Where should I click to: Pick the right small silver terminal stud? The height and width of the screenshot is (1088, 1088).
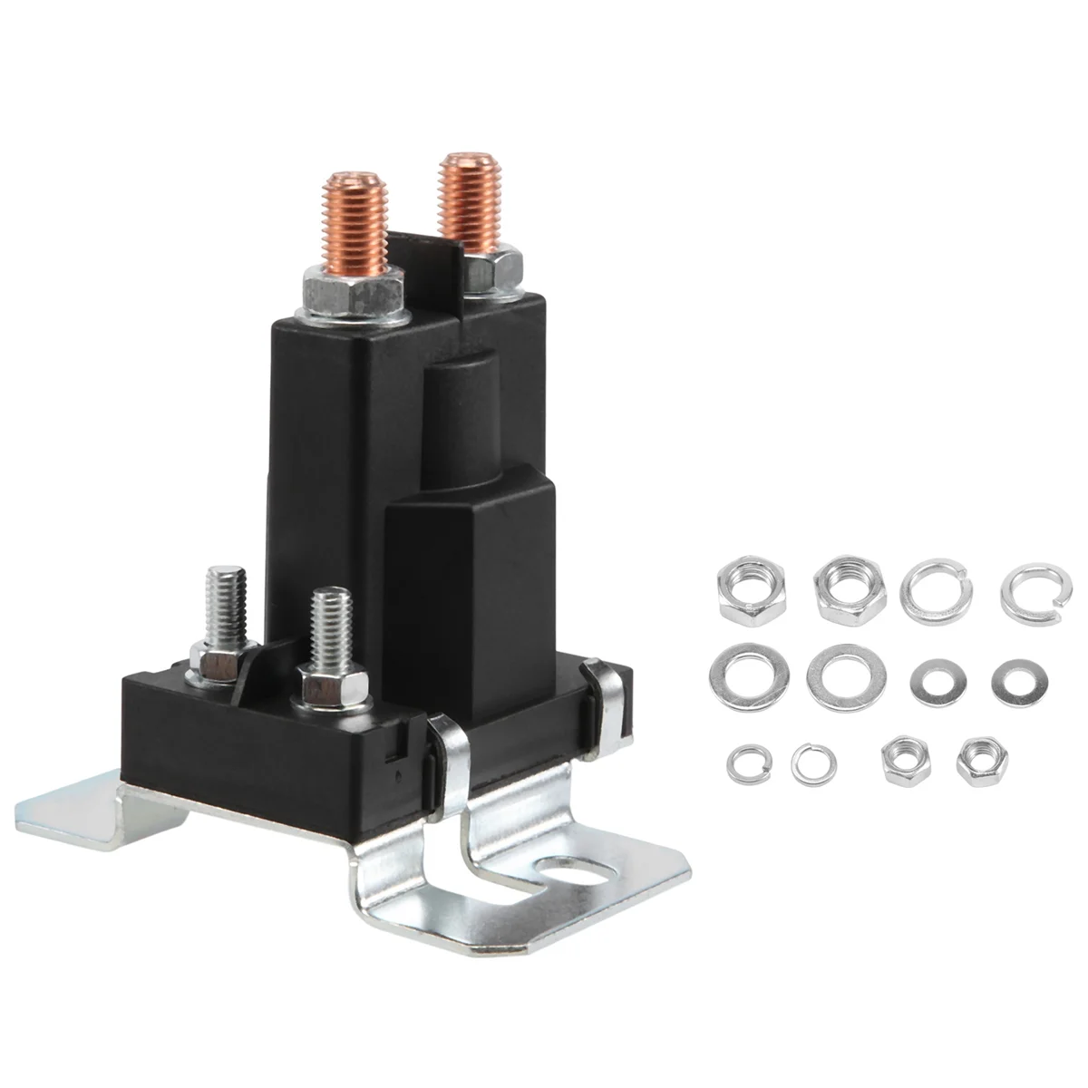(x=326, y=626)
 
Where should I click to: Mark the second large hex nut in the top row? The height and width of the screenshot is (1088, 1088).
(x=840, y=590)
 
